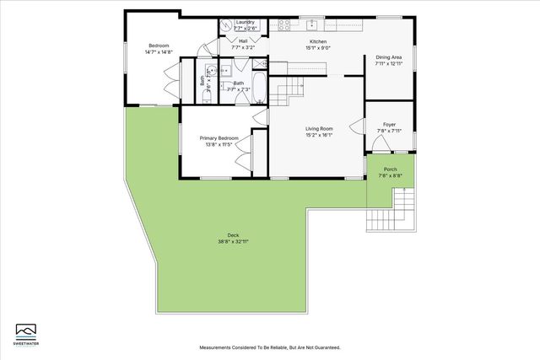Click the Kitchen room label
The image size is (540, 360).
317,41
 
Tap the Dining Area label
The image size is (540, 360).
389,57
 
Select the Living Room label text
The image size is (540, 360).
320,127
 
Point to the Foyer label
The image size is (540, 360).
389,124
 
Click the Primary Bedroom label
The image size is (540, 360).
219,138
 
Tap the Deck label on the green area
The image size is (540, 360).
232,235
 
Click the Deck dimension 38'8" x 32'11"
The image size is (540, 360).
232,241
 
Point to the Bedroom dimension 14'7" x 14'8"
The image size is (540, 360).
159,51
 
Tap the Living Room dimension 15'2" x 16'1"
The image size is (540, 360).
320,133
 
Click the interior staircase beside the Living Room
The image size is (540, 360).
292,85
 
